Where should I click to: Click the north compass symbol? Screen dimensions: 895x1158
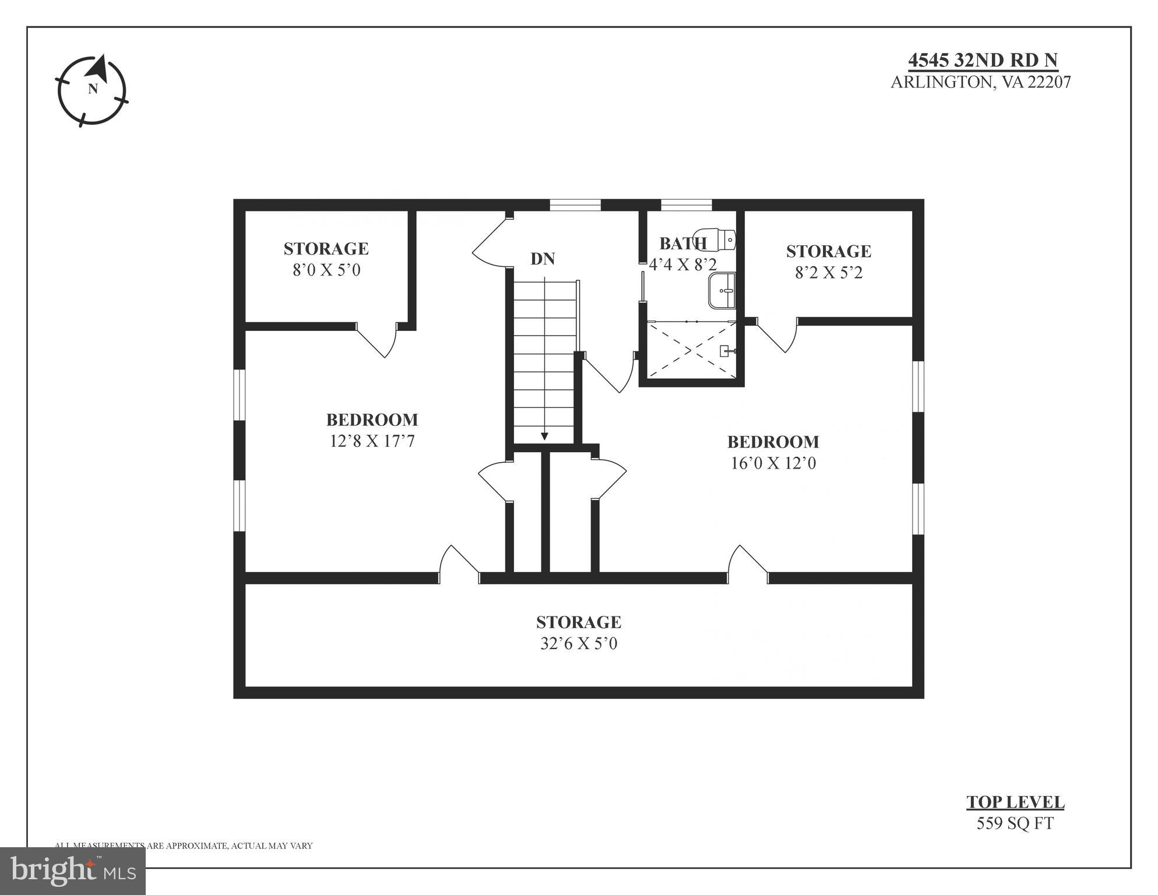(x=92, y=90)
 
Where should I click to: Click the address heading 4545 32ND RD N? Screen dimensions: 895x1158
(x=983, y=60)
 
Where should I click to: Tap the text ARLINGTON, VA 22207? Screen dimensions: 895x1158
(x=980, y=82)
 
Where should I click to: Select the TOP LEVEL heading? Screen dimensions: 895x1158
(x=1015, y=802)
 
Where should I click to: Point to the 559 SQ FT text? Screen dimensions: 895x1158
(x=1015, y=823)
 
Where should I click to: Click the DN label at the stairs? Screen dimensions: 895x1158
(x=542, y=259)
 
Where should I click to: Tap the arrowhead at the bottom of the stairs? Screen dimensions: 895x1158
(x=544, y=436)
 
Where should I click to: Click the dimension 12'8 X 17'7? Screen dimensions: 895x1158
(x=372, y=441)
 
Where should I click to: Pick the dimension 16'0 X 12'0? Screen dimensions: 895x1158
(x=773, y=463)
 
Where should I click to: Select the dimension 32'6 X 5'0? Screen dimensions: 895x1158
(x=579, y=644)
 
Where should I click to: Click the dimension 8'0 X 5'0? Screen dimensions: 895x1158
(x=326, y=270)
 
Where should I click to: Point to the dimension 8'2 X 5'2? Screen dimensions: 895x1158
(x=829, y=273)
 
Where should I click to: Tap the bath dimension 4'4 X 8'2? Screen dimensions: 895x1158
(x=683, y=265)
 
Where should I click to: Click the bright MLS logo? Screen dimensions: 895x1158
(x=73, y=871)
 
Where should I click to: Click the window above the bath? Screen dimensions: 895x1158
(x=686, y=205)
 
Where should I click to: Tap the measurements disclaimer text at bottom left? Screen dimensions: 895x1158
(x=184, y=845)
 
